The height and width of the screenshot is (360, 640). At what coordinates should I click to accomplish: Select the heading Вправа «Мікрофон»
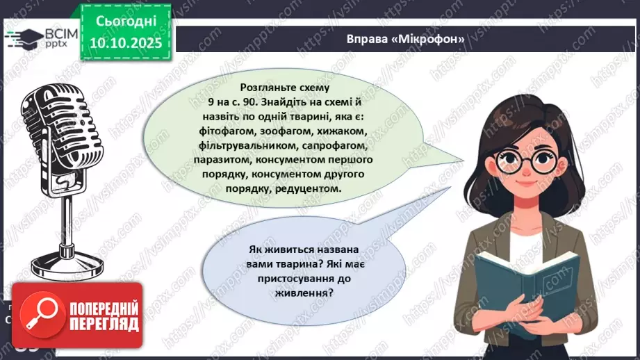[406, 39]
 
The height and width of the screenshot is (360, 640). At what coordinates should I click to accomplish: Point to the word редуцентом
[310, 189]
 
